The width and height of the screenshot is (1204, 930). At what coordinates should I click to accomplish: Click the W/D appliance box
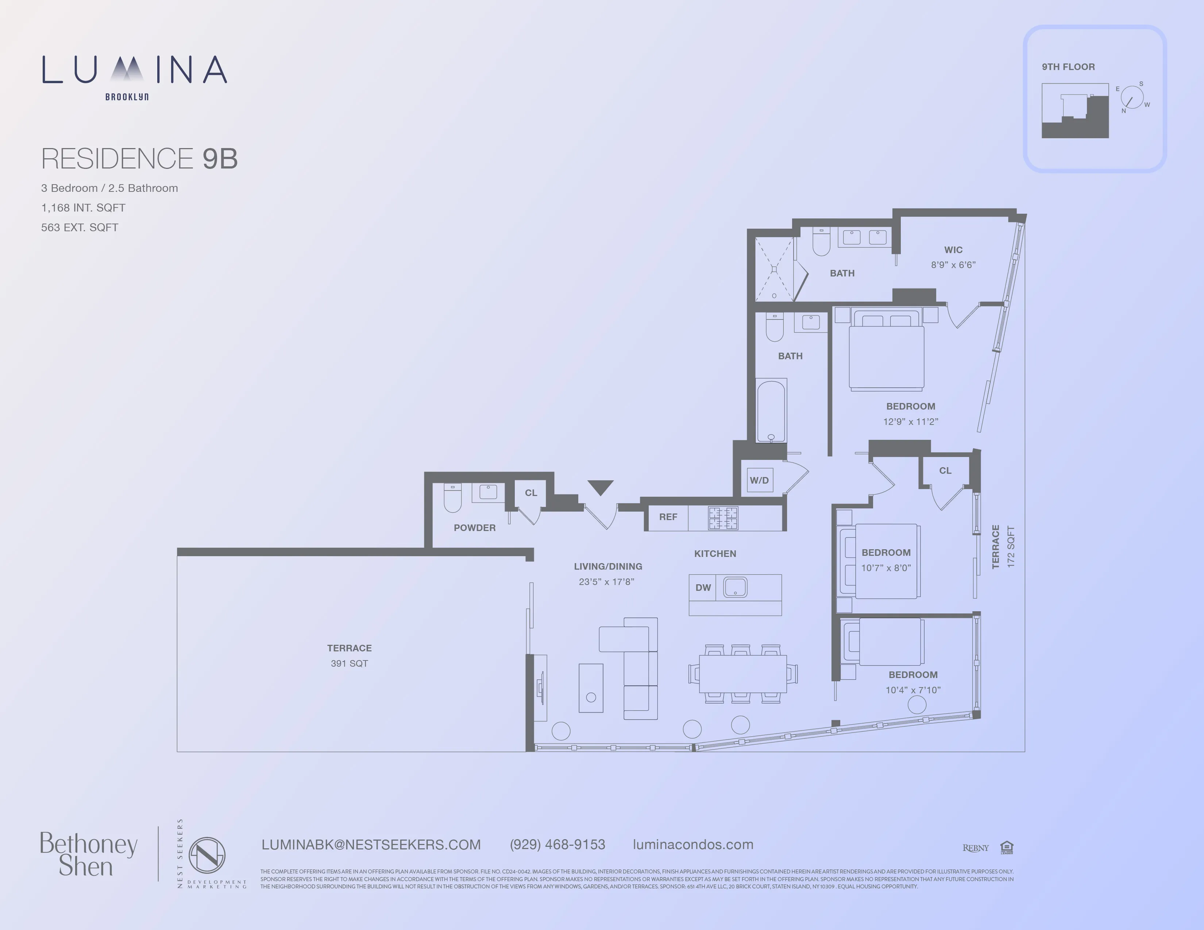[x=759, y=480]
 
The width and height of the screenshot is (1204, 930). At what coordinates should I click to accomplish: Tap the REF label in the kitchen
[x=668, y=517]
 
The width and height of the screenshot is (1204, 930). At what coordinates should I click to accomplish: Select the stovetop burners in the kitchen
[x=723, y=518]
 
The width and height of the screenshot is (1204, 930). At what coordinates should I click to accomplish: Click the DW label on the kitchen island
[x=703, y=587]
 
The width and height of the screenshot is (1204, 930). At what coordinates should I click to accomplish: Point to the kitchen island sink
[x=735, y=587]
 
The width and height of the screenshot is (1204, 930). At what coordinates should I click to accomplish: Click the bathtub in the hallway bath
[x=771, y=410]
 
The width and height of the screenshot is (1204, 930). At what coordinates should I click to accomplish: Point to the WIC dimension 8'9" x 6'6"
[x=953, y=265]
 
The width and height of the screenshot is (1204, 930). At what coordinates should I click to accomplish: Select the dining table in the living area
[x=742, y=673]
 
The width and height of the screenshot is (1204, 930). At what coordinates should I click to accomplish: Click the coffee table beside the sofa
[x=591, y=688]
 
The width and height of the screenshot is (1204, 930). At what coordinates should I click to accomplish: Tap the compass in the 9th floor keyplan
[x=1132, y=97]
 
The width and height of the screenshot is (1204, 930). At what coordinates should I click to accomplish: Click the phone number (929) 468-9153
[x=557, y=845]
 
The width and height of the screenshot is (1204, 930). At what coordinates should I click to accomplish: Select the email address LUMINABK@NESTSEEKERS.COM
[x=371, y=845]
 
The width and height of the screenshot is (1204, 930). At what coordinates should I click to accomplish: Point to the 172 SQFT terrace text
[x=1011, y=547]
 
